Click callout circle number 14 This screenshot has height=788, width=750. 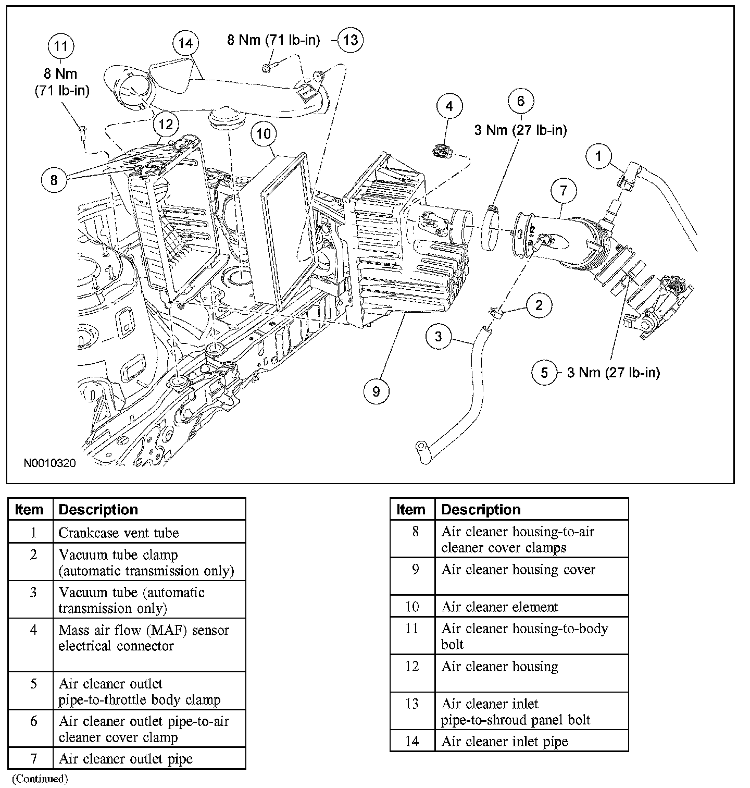(185, 44)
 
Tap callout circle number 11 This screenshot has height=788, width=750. (61, 46)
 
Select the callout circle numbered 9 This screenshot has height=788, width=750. (376, 390)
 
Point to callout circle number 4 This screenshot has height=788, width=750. (449, 107)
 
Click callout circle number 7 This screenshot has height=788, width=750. (564, 191)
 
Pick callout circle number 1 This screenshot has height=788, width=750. (599, 156)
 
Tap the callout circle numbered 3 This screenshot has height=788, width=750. (439, 337)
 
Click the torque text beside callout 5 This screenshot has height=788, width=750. (613, 373)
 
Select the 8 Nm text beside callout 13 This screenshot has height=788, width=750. (273, 40)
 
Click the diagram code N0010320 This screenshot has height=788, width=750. (50, 463)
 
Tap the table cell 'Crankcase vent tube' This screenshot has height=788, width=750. (119, 533)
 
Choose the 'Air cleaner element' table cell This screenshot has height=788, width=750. (499, 607)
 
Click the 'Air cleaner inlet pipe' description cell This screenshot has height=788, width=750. (505, 741)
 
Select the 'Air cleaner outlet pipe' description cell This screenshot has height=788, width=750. (126, 759)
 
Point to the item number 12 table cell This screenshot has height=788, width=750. (412, 667)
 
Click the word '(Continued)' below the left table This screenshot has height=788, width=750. (40, 779)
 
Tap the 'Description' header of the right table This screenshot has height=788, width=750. (481, 510)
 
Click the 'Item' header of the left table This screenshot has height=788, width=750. (29, 510)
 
